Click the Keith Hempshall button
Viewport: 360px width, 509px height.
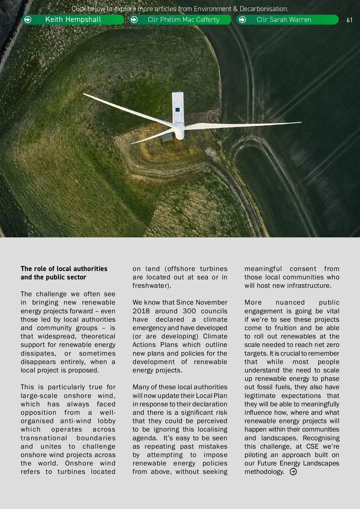point(73,20)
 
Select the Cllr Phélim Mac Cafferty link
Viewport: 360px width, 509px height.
point(183,20)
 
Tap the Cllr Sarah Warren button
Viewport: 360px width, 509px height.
point(284,20)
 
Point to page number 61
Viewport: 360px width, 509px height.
point(349,20)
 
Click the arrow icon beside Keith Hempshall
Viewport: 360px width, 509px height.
point(28,20)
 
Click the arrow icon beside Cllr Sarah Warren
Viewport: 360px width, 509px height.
point(242,20)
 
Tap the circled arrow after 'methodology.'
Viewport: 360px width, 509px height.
point(293,472)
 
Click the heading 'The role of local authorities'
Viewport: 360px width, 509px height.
point(64,269)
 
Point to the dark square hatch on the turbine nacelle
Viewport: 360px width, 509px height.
point(178,110)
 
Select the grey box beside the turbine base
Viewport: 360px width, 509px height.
point(167,137)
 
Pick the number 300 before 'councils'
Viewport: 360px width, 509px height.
point(189,311)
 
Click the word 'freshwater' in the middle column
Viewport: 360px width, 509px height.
point(151,285)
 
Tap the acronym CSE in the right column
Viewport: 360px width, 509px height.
point(312,446)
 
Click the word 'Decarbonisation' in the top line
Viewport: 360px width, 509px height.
point(264,9)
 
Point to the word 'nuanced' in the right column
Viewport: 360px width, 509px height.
point(290,302)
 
